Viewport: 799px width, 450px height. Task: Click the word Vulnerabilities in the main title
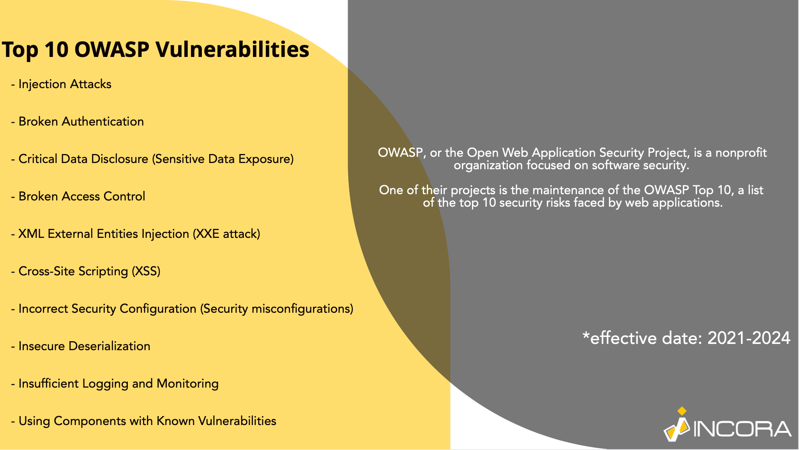232,50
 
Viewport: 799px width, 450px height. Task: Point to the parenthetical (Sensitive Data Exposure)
223,159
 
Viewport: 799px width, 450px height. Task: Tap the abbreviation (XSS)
146,271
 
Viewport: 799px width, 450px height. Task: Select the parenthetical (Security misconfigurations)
277,309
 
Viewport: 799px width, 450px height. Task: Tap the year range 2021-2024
749,338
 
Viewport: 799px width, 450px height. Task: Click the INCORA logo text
743,429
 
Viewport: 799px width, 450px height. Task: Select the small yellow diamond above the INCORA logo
682,411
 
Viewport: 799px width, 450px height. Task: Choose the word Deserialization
110,346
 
